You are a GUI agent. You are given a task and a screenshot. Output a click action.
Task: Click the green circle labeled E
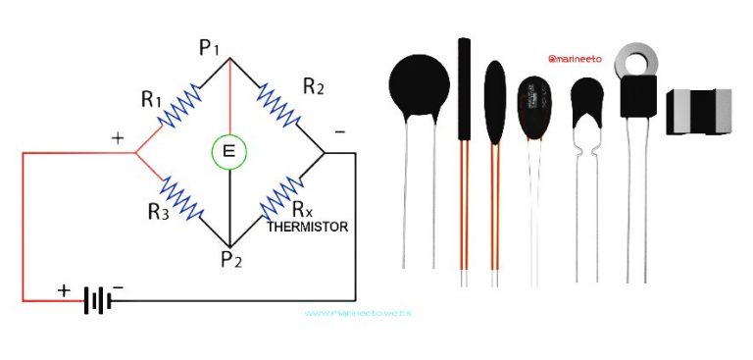tap(230, 150)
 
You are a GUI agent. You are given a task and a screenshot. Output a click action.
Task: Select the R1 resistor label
tap(151, 98)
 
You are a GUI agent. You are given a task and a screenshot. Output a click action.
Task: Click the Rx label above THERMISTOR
tap(303, 208)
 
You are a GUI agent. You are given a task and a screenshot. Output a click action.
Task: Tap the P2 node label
tap(229, 262)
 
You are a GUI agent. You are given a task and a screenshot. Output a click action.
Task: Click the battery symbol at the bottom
tap(98, 297)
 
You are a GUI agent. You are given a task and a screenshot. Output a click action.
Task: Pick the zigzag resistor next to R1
tap(182, 105)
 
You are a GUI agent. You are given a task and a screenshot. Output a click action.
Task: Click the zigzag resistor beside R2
tap(277, 105)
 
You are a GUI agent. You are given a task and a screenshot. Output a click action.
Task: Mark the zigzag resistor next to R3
tap(182, 197)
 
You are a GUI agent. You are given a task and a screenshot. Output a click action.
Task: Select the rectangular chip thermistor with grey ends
tap(698, 111)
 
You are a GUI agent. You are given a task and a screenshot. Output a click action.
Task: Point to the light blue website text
tap(357, 313)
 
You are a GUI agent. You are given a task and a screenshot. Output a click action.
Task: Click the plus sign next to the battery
tap(66, 290)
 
